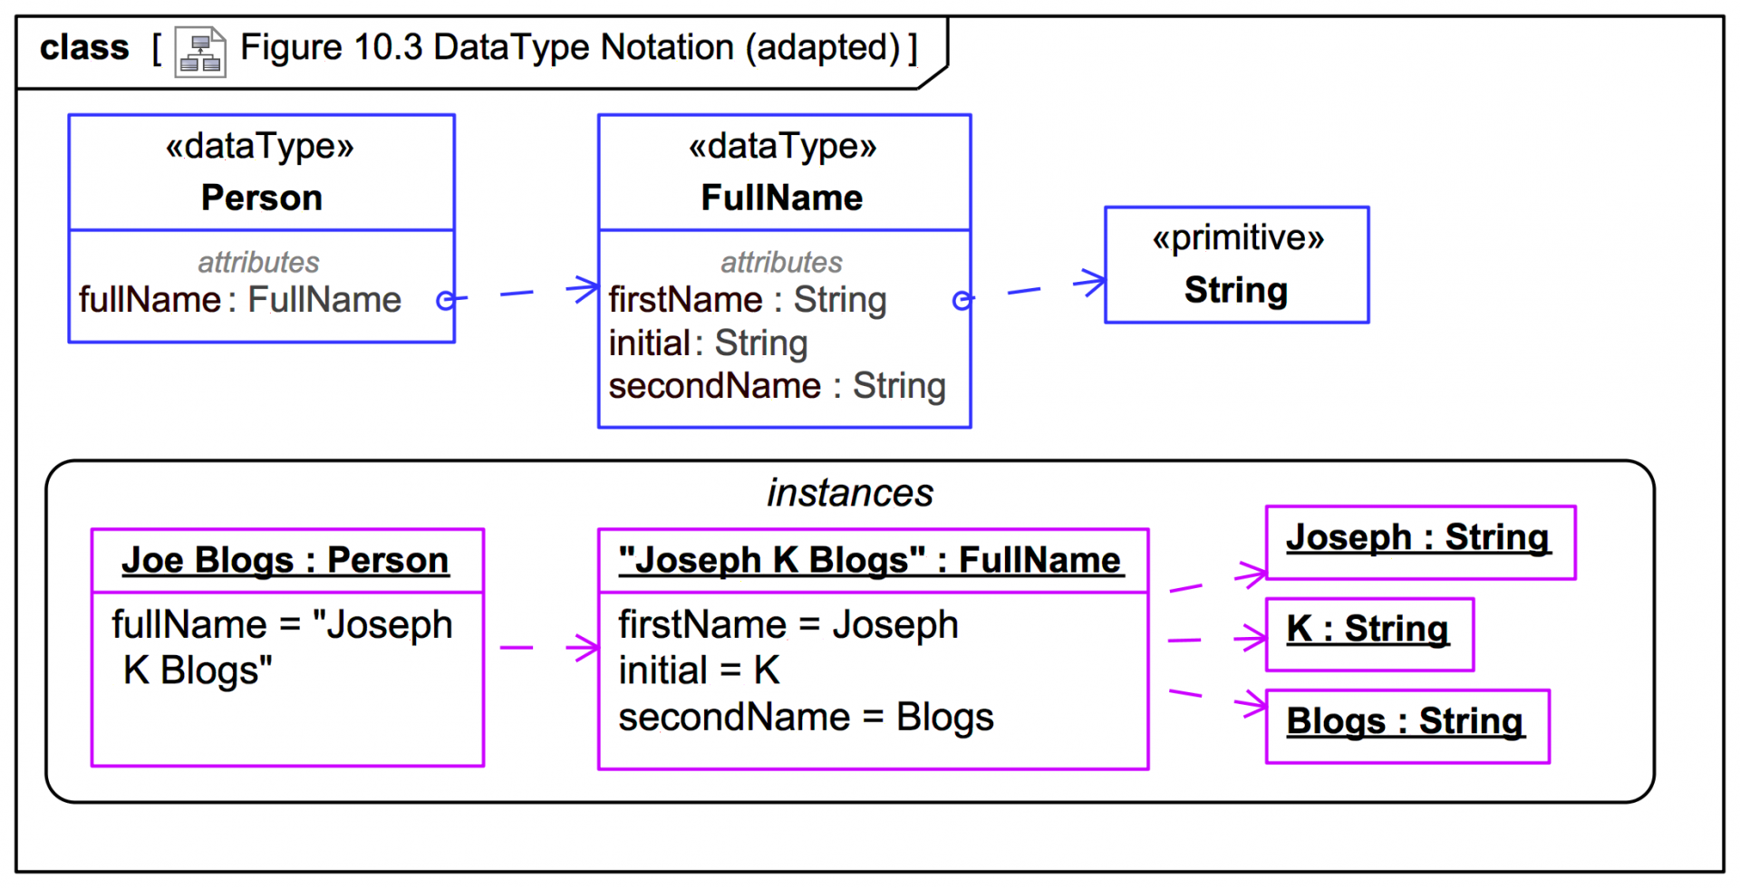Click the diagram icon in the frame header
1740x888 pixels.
click(199, 52)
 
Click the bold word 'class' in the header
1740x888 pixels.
click(84, 48)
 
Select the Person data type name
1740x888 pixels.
click(261, 198)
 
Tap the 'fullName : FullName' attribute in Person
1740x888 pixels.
click(240, 300)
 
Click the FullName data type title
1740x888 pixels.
click(782, 198)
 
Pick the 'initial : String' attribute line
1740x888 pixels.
click(708, 343)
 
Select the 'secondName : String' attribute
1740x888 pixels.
click(777, 386)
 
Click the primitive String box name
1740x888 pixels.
click(1235, 290)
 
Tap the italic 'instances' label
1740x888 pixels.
click(849, 493)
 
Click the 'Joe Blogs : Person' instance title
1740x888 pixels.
click(285, 560)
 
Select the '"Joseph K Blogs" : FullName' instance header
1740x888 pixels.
click(870, 560)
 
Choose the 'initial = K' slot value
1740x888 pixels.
click(699, 671)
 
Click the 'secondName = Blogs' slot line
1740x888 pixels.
click(806, 717)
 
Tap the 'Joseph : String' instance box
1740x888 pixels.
click(1419, 541)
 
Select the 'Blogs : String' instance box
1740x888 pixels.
click(1406, 725)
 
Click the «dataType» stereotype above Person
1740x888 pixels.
click(260, 146)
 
